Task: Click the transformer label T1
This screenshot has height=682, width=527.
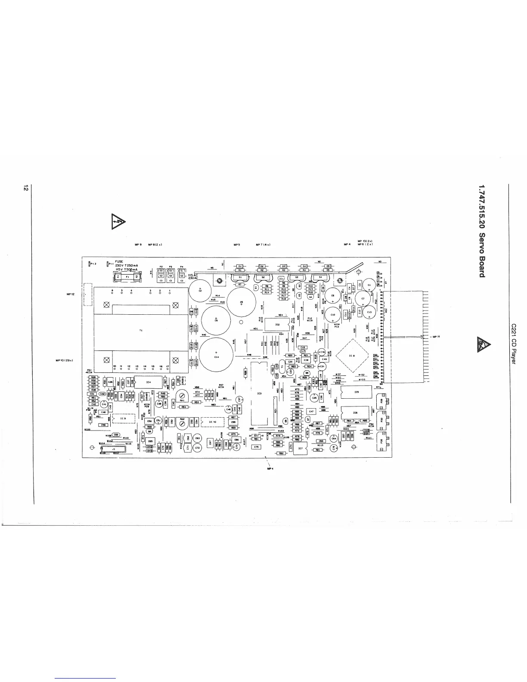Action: tap(141, 330)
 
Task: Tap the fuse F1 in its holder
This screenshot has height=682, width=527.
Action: tap(127, 277)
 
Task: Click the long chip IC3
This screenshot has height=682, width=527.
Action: tap(259, 393)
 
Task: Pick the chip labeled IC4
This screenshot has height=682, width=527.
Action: tap(149, 381)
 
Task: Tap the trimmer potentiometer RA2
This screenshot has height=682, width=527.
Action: tap(182, 423)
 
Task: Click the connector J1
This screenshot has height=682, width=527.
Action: tap(113, 449)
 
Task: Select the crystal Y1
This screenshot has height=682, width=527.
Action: tap(282, 366)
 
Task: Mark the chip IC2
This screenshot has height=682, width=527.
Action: tap(277, 324)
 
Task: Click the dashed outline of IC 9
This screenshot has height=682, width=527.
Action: tap(123, 418)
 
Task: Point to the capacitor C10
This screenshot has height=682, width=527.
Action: tap(332, 314)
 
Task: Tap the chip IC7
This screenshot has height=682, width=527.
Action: tap(301, 448)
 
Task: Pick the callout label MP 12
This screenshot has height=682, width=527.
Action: tap(71, 294)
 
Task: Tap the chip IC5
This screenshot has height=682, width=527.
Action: tap(356, 392)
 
